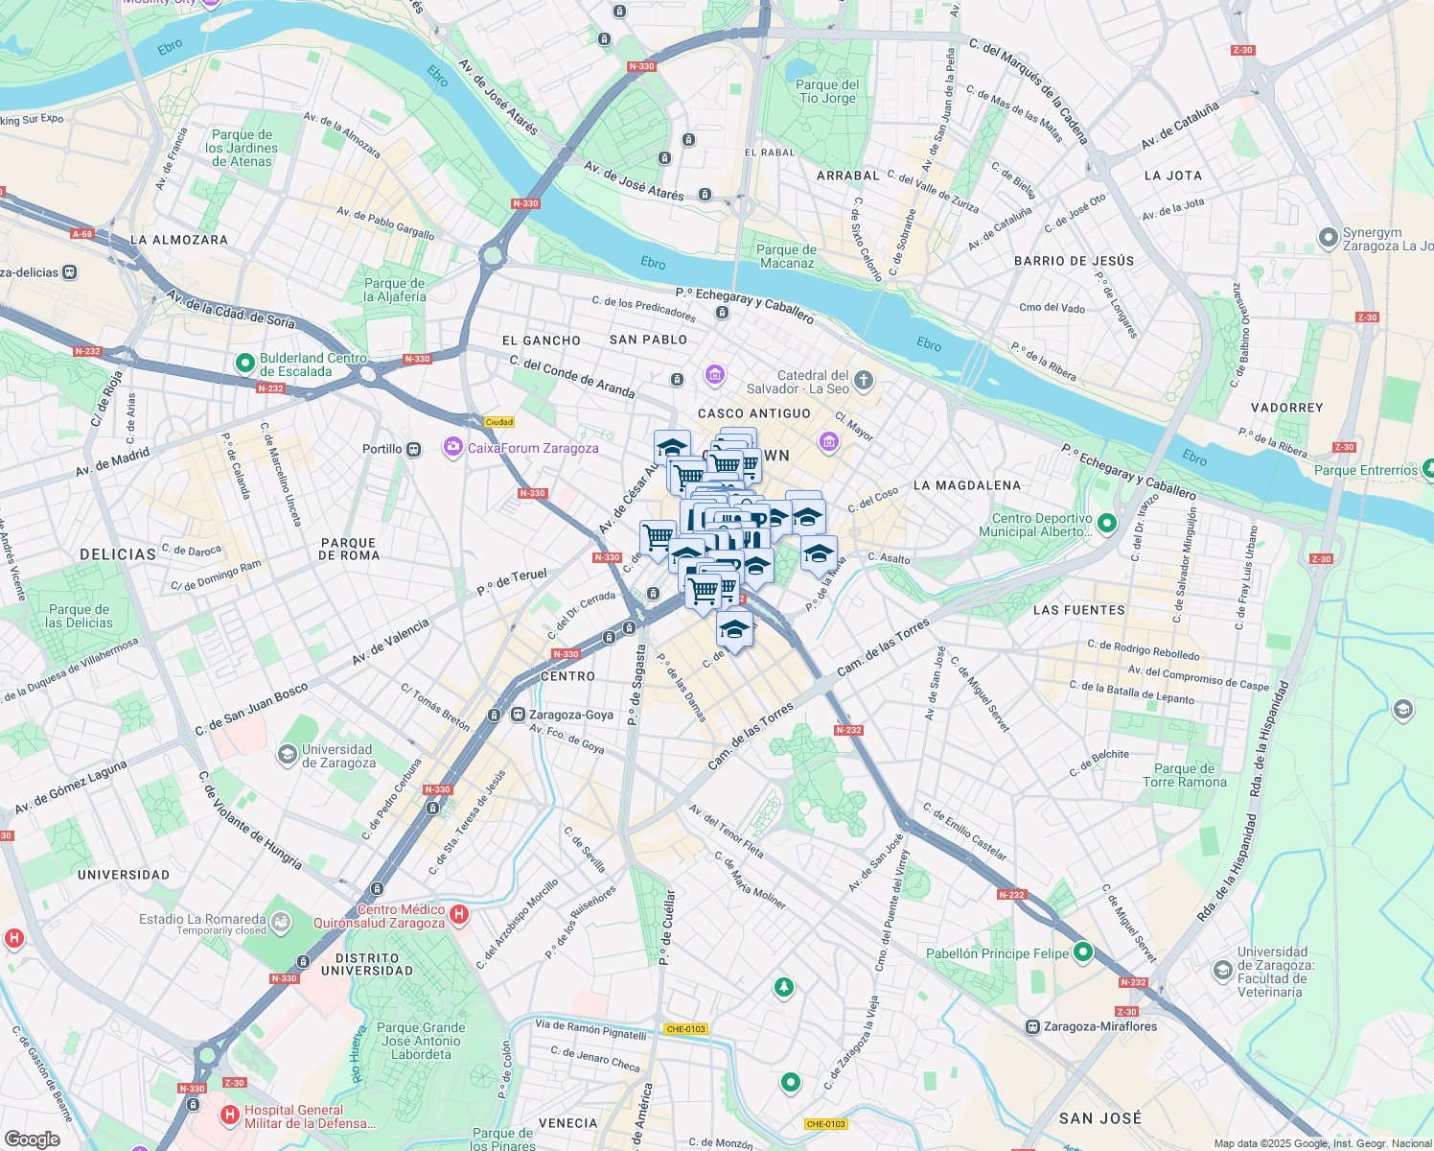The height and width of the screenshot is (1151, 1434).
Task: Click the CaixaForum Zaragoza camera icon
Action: click(452, 447)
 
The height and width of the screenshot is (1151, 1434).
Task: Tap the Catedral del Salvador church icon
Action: click(864, 382)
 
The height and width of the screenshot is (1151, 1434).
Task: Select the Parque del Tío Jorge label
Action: click(827, 91)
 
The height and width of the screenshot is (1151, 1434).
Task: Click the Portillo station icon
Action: click(413, 449)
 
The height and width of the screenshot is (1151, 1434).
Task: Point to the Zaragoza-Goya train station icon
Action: click(518, 715)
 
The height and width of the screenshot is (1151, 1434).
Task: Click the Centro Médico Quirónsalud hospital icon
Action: click(459, 914)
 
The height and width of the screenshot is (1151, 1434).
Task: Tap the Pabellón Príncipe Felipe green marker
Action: click(1083, 952)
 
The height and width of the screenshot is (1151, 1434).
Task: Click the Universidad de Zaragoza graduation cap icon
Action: click(287, 755)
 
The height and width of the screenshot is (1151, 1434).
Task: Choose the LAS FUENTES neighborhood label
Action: click(1079, 610)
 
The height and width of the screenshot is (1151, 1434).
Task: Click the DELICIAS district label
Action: click(118, 554)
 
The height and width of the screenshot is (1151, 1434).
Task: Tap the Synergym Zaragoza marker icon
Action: click(1328, 237)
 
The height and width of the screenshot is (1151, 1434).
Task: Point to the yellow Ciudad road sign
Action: click(499, 422)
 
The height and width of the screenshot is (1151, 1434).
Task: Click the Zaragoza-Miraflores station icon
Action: click(1032, 1026)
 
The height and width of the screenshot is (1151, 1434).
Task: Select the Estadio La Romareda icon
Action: click(281, 923)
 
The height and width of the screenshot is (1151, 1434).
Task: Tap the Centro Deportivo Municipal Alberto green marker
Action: click(1107, 524)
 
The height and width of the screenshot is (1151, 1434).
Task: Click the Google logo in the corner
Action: click(33, 1139)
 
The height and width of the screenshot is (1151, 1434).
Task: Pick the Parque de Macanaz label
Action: click(786, 256)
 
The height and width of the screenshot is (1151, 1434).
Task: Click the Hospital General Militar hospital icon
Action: click(229, 1115)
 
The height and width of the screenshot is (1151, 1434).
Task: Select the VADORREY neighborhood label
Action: click(1286, 408)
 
